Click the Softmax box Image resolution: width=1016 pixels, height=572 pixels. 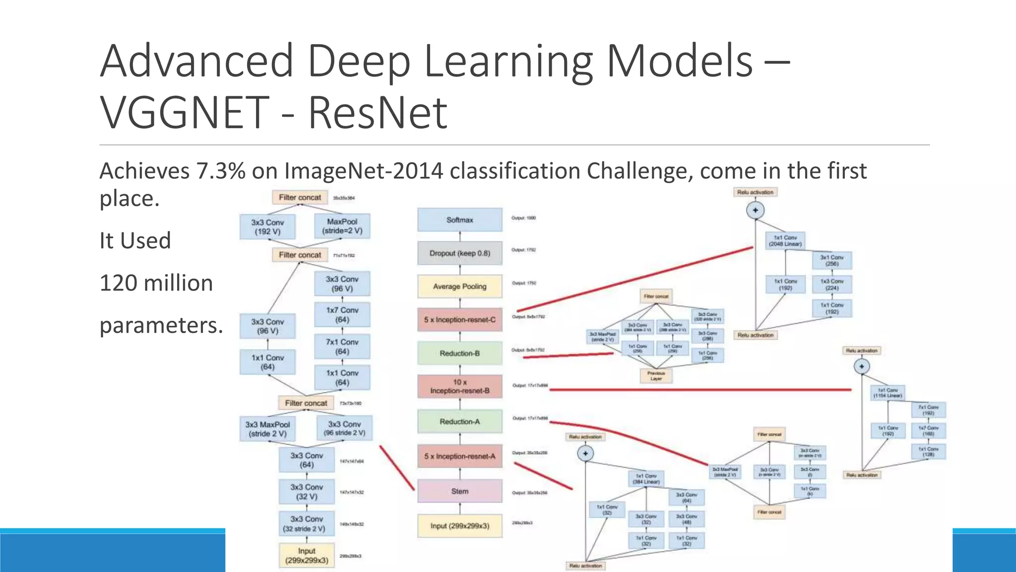[459, 219]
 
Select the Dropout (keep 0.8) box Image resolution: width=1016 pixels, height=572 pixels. [459, 253]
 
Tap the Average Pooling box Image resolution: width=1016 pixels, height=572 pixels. [459, 286]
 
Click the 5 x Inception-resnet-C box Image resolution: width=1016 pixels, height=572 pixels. [459, 320]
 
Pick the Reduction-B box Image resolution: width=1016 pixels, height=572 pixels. [459, 354]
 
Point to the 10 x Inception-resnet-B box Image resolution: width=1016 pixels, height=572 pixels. [459, 386]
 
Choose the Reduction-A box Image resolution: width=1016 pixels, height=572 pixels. [459, 422]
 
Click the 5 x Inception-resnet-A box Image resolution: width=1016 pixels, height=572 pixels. [459, 456]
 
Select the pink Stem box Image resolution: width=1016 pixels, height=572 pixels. [459, 491]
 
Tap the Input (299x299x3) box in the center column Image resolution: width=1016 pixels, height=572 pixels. [459, 526]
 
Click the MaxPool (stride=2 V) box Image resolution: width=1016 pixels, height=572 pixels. [342, 226]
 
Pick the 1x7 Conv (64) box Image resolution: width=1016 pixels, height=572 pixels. [342, 315]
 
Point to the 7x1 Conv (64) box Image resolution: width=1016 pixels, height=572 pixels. [342, 347]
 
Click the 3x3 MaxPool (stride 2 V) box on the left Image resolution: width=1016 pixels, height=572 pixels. [267, 429]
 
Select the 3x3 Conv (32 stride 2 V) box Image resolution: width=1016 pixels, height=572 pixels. [307, 524]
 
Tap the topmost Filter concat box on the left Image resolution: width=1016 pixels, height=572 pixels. [300, 197]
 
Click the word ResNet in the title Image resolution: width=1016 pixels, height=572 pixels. [377, 113]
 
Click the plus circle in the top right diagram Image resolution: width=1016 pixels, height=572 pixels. [755, 210]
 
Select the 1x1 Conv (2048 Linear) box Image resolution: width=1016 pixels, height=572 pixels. [785, 241]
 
